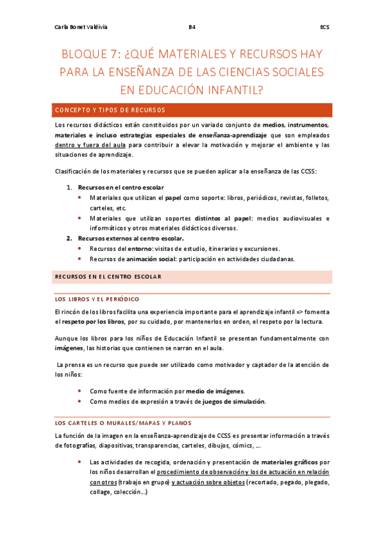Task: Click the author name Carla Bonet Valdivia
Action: click(81, 28)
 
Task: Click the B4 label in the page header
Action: click(192, 28)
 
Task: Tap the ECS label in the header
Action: click(324, 28)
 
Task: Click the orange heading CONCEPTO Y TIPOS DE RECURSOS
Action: click(110, 109)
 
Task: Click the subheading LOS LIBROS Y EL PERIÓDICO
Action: click(97, 299)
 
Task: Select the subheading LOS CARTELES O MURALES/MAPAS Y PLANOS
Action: click(123, 423)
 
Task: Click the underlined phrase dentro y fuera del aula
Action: click(89, 145)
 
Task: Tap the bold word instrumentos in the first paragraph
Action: click(307, 125)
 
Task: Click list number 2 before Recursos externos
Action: click(70, 238)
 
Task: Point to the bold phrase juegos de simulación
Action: click(233, 401)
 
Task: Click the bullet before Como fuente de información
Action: click(79, 391)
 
